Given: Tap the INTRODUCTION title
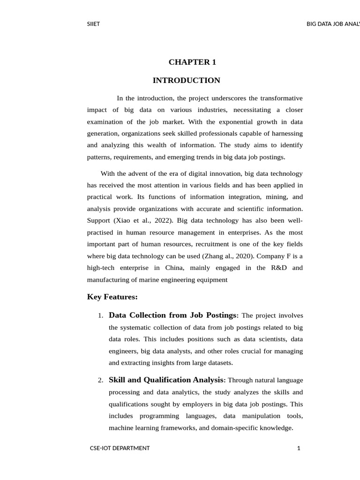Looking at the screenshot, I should (186, 81).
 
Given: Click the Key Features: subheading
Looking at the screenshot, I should (112, 297).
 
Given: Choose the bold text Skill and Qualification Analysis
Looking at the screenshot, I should (167, 380).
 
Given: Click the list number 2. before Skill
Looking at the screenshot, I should (101, 381).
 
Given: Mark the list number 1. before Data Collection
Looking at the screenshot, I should (101, 316).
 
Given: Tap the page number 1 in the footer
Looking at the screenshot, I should (299, 448).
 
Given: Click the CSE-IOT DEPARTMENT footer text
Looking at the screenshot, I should (120, 448).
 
